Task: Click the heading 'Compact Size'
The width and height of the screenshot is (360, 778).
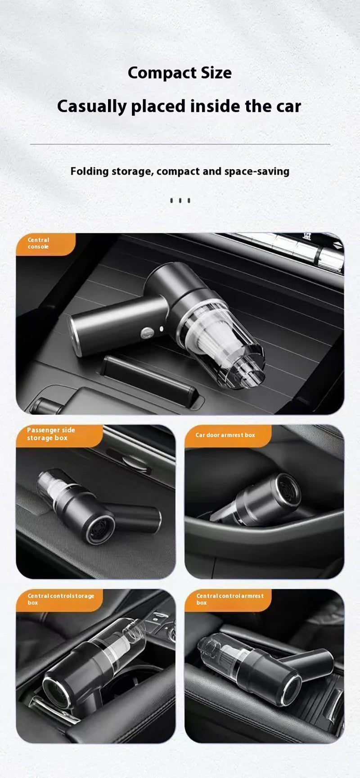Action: pyautogui.click(x=180, y=73)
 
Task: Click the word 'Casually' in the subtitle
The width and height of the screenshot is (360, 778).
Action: pyautogui.click(x=92, y=107)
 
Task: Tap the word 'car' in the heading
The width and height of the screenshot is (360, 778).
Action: pyautogui.click(x=288, y=107)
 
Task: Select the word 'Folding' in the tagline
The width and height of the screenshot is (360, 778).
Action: pyautogui.click(x=90, y=171)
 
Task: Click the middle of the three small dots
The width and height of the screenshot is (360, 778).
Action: pyautogui.click(x=180, y=201)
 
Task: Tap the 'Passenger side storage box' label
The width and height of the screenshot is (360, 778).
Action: pyautogui.click(x=54, y=434)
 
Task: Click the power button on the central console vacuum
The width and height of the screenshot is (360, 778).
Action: pyautogui.click(x=147, y=333)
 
